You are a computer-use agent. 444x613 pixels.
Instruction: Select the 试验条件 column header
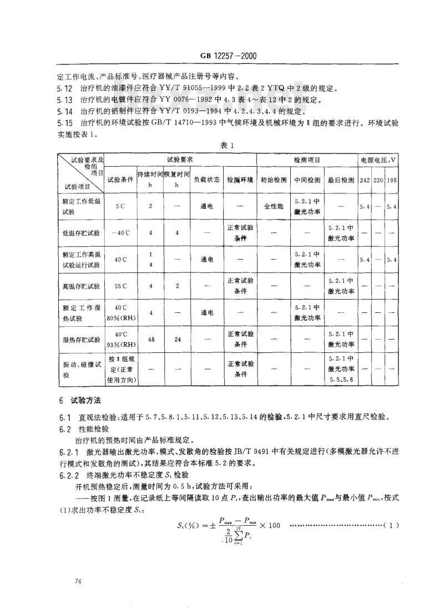[120, 180]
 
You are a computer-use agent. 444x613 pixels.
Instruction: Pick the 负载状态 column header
[206, 180]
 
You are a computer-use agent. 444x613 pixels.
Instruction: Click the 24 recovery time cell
[177, 339]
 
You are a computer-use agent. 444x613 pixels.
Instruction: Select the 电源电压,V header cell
[378, 160]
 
